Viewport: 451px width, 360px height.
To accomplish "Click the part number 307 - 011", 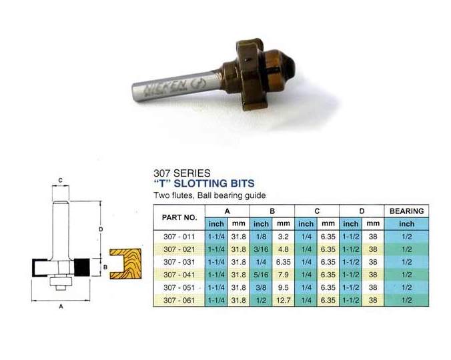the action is [179, 237].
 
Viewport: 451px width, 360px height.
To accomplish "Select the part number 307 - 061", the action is [179, 300].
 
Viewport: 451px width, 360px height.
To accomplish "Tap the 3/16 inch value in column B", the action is [261, 249].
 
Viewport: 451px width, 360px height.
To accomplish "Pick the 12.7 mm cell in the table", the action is [283, 300].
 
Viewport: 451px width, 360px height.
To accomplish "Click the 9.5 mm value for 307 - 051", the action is [283, 287].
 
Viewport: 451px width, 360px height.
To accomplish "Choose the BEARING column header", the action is [406, 211].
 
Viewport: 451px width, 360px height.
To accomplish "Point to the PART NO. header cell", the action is [179, 217].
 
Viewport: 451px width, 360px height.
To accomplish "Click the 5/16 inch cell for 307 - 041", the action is [261, 275].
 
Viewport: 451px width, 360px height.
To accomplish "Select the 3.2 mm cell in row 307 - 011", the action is [283, 237].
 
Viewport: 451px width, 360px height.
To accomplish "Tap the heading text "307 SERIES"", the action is [181, 173].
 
